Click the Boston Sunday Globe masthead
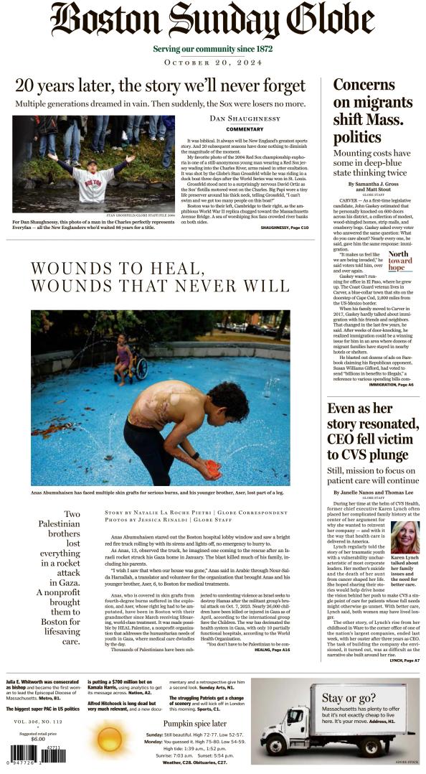(x=213, y=20)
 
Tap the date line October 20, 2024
(x=213, y=62)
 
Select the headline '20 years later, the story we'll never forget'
(x=161, y=85)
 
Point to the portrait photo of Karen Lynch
(x=405, y=538)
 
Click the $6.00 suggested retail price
(x=37, y=739)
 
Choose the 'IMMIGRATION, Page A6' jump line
(x=390, y=385)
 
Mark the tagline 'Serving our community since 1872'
(x=213, y=49)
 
